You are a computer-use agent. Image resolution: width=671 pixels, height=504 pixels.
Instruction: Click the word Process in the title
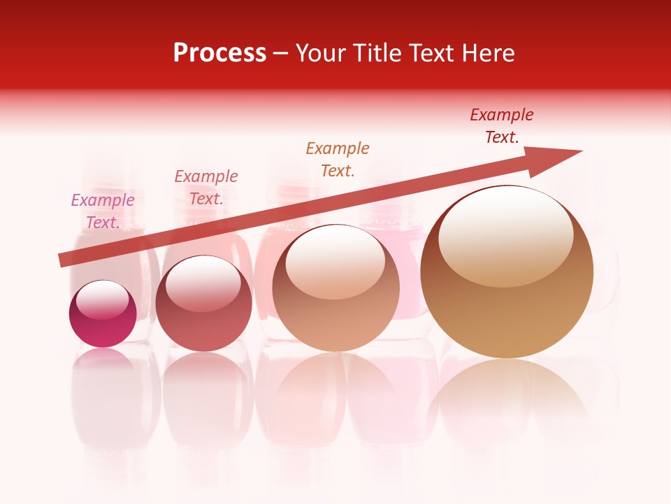(x=219, y=53)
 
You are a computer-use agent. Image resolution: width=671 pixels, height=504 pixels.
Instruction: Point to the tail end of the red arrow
(x=62, y=260)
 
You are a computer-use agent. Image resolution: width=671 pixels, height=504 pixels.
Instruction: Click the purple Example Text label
(x=103, y=211)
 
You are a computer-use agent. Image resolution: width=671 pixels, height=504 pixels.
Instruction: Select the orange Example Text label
(x=338, y=159)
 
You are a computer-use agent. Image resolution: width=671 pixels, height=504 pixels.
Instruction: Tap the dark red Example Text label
(x=502, y=126)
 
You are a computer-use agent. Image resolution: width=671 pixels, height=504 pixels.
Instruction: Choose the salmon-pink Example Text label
(x=206, y=187)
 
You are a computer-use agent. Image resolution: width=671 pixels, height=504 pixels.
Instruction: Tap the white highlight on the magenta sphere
(x=102, y=300)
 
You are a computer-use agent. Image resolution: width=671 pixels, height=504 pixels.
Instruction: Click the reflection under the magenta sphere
(x=103, y=364)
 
